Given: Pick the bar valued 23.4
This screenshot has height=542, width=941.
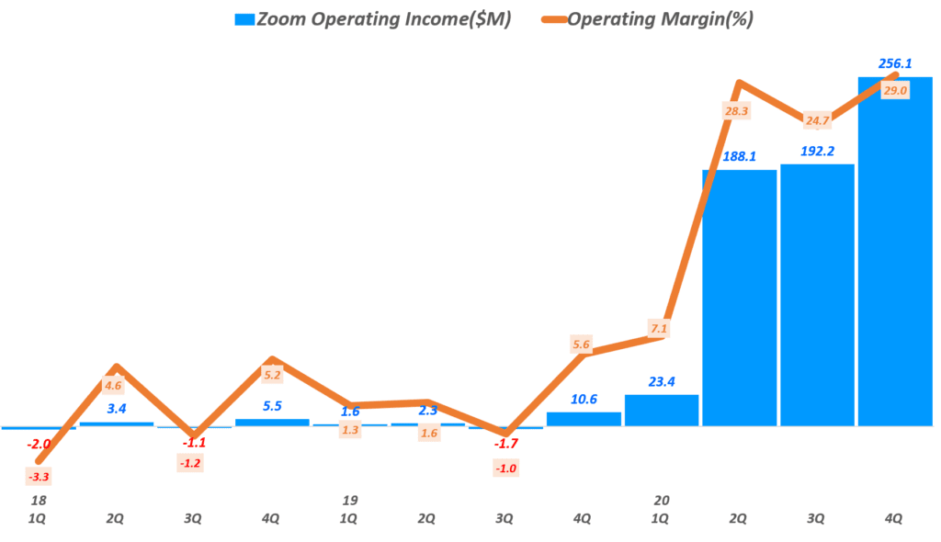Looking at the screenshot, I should pyautogui.click(x=662, y=411).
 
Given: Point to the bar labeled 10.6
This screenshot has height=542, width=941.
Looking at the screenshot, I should pyautogui.click(x=584, y=419).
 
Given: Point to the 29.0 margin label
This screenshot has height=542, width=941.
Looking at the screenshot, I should pyautogui.click(x=894, y=90).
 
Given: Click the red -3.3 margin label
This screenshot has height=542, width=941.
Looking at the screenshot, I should pyautogui.click(x=38, y=476).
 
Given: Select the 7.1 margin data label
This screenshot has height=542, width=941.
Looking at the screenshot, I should pyautogui.click(x=658, y=329).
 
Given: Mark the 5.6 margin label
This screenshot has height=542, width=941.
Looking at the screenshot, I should pyautogui.click(x=581, y=345).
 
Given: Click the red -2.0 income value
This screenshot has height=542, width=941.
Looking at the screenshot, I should pyautogui.click(x=38, y=445).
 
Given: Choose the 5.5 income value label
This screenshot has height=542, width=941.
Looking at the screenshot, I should pyautogui.click(x=272, y=404).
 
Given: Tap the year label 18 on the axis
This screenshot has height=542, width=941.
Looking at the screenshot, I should pyautogui.click(x=38, y=501).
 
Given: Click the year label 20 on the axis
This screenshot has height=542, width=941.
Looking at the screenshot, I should pyautogui.click(x=661, y=501).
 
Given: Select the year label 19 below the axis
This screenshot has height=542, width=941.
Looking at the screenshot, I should pyautogui.click(x=349, y=501).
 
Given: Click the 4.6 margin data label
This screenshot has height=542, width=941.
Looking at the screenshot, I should pyautogui.click(x=113, y=386).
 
